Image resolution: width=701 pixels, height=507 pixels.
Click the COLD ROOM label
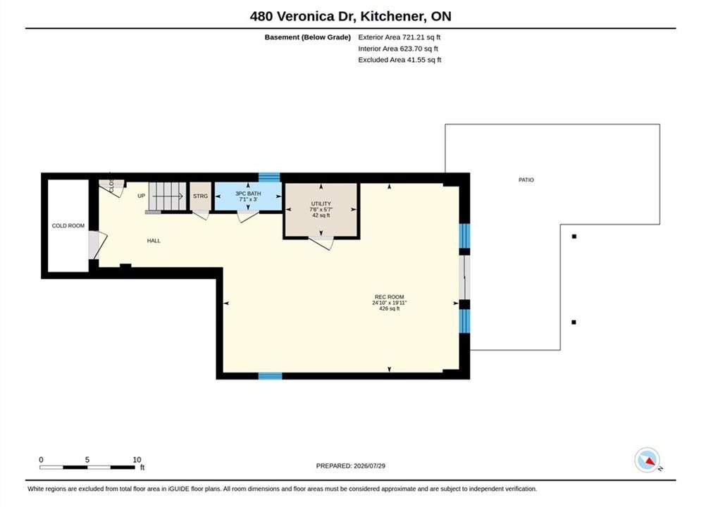tap(68, 225)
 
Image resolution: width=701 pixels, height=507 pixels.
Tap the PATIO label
tap(526, 180)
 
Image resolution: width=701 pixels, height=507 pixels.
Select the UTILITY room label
tap(321, 204)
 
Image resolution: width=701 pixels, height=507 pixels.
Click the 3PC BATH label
tap(248, 194)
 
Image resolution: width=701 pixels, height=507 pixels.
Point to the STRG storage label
tap(200, 196)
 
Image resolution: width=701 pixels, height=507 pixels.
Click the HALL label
tap(154, 241)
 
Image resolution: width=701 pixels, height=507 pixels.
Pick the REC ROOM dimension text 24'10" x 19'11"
tap(390, 303)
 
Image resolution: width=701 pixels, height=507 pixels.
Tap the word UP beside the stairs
tap(142, 196)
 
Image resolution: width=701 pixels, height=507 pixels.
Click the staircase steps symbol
tap(167, 196)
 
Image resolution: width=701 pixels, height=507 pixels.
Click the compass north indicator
tap(647, 460)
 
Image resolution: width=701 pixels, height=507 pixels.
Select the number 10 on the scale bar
tap(137, 460)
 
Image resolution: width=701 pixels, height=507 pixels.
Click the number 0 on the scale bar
tap(41, 460)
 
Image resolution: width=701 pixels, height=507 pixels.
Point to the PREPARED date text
tap(351, 465)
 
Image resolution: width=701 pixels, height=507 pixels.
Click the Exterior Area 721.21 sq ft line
tap(399, 37)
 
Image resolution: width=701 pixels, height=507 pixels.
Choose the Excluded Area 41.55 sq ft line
tap(399, 59)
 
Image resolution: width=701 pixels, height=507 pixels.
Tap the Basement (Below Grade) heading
tap(308, 37)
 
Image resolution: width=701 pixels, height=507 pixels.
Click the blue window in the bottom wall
tap(271, 375)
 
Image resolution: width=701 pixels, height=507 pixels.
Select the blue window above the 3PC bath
tap(269, 177)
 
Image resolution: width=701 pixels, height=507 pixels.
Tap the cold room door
tap(97, 245)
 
